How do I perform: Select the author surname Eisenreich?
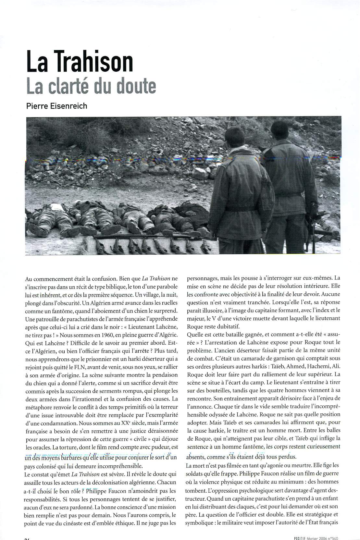point(69,106)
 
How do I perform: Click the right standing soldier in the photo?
point(286,182)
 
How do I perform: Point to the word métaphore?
point(39,407)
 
